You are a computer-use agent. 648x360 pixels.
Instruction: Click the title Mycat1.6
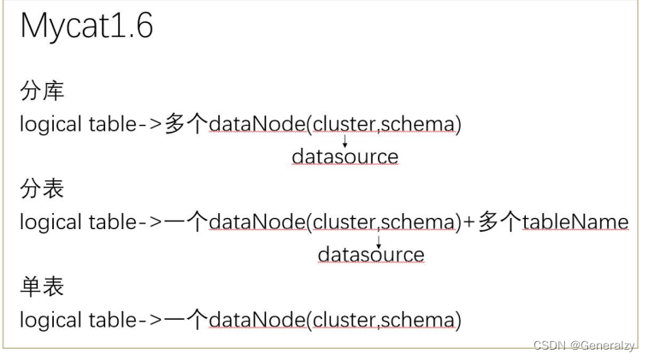tap(87, 27)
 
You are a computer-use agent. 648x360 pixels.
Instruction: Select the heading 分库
tap(42, 91)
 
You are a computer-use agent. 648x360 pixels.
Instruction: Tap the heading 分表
tap(42, 188)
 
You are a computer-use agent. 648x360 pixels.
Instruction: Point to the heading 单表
tap(42, 286)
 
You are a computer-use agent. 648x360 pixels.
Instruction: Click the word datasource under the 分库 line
tap(345, 156)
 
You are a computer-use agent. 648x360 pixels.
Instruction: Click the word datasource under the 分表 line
tap(371, 255)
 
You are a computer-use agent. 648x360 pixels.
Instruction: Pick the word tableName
tap(575, 222)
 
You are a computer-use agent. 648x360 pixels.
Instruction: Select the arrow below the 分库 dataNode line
tap(345, 140)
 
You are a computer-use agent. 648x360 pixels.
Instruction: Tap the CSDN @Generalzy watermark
tap(584, 345)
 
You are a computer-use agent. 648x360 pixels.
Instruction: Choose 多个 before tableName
tap(499, 222)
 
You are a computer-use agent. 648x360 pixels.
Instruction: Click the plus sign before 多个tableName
tap(469, 222)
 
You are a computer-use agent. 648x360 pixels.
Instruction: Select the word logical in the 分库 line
tap(50, 125)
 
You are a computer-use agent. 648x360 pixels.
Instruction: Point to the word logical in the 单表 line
tap(50, 321)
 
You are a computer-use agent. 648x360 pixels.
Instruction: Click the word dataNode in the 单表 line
tap(257, 320)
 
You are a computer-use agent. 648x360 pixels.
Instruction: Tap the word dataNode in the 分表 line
tap(257, 222)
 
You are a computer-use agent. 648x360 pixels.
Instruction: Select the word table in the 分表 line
tap(112, 222)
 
